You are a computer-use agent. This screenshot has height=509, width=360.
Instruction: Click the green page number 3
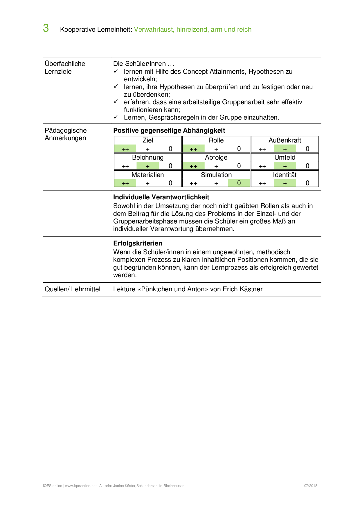pos(46,28)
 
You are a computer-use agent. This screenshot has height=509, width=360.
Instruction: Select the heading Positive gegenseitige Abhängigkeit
pos(169,130)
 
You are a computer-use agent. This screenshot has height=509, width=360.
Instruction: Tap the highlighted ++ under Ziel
pos(125,149)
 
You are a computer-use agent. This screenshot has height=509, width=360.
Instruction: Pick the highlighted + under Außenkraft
pos(285,149)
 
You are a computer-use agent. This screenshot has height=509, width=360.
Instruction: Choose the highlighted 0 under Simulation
pos(239,183)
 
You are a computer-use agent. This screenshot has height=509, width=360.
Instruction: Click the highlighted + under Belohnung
pos(148,166)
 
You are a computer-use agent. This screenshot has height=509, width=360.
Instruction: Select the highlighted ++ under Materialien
pos(125,183)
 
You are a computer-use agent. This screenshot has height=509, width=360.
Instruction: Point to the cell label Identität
pos(285,175)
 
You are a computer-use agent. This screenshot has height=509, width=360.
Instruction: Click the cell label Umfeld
pos(285,157)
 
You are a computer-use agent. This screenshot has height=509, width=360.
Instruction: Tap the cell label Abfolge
pos(216,157)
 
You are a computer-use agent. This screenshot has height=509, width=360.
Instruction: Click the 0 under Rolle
pos(239,149)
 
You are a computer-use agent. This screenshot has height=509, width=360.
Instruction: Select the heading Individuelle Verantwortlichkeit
pos(161,197)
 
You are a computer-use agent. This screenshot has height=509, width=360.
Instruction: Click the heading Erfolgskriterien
pos(138,243)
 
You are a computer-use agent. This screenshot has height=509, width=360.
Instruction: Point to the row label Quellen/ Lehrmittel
pos(73,289)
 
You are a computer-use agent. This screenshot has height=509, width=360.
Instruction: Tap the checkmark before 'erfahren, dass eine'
pos(116,102)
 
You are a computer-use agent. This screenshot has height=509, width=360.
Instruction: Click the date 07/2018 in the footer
pos(311,486)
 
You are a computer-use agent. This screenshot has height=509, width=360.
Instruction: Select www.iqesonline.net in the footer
pos(81,486)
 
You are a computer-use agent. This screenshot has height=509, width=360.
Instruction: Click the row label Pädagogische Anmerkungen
pos(66,134)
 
